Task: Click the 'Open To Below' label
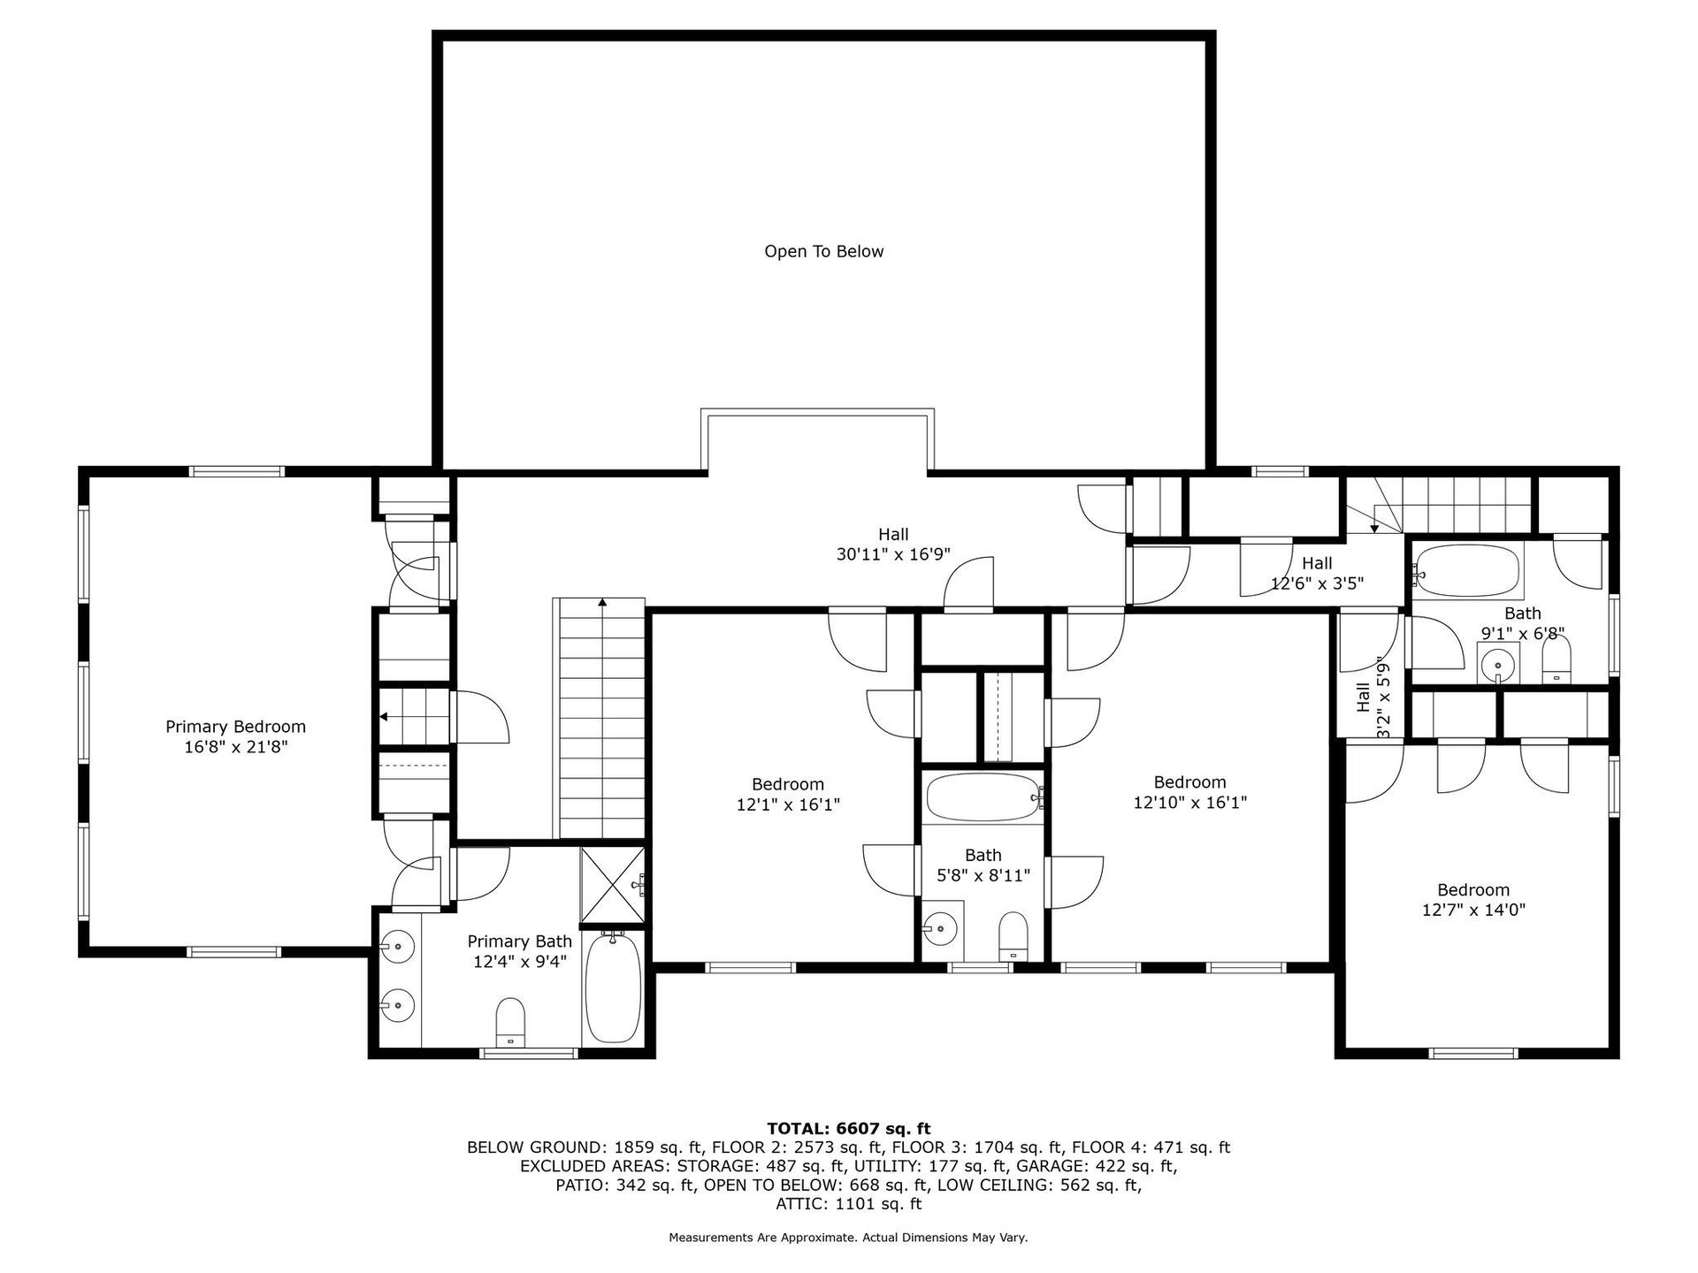[823, 252]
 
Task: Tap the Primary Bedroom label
[235, 727]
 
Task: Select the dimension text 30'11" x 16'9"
[893, 555]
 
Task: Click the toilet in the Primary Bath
[510, 1023]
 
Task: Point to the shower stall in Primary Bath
[613, 884]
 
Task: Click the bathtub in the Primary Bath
[613, 988]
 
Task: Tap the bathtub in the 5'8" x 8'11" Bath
[983, 797]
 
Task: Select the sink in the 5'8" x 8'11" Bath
[941, 929]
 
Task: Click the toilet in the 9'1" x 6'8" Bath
[1556, 660]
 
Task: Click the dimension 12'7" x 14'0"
[1473, 910]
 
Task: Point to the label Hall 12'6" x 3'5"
[1317, 573]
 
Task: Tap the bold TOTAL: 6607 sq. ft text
[848, 1128]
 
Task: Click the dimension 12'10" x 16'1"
[1189, 803]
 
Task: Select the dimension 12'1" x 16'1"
[788, 804]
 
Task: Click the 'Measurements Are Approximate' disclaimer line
[848, 1238]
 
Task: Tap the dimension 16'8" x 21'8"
[235, 747]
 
